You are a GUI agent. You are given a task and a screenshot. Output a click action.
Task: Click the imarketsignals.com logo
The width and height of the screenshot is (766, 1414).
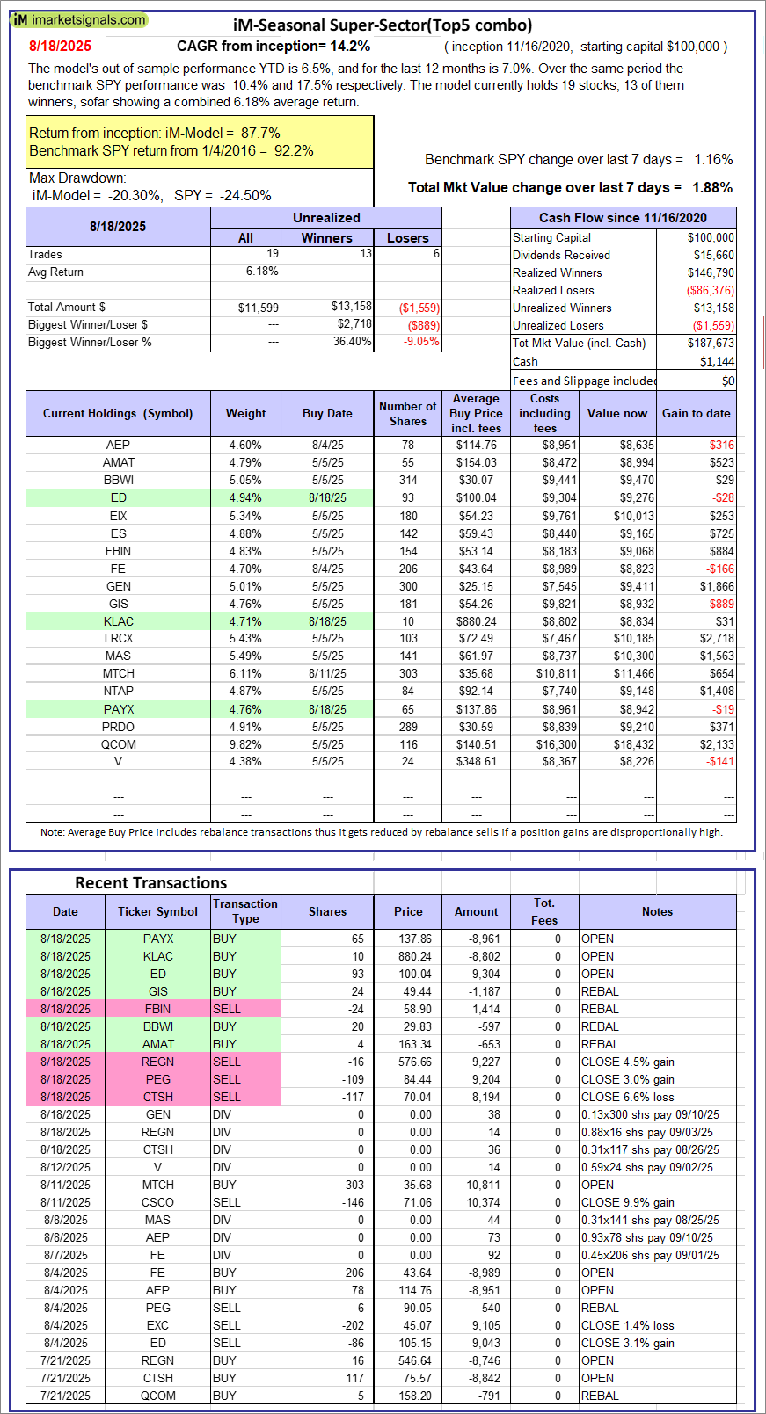coord(79,19)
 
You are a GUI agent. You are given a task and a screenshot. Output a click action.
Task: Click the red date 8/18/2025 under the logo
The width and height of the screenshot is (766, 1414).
coord(60,46)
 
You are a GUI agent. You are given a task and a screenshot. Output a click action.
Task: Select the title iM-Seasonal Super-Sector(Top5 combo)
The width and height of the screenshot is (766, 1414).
coord(383,25)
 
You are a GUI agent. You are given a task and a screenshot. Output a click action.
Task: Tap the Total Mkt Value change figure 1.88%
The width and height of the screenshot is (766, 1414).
coord(712,187)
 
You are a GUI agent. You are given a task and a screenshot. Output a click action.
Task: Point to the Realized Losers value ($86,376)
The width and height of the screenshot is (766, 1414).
coord(710,290)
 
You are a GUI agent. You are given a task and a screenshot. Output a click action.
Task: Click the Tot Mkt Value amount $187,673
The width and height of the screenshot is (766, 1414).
coord(711,343)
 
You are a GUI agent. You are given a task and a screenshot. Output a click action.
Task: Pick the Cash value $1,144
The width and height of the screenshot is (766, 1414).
coord(718,361)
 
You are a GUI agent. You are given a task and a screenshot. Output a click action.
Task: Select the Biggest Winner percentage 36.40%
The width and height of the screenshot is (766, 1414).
coord(352,342)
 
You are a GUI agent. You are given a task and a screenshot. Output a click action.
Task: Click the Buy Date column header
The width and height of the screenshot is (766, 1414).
coord(327,413)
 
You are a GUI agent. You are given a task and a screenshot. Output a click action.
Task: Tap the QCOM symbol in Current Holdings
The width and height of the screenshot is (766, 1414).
coord(118,744)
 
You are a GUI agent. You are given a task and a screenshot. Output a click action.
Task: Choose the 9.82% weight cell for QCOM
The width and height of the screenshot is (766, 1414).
coord(245,744)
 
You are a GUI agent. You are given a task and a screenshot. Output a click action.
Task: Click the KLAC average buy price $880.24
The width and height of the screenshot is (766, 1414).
coord(476,621)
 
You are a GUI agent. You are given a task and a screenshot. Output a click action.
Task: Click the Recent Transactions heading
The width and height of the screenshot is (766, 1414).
coord(150,882)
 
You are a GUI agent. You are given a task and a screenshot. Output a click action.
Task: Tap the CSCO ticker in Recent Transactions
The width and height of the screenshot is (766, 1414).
coord(157,1202)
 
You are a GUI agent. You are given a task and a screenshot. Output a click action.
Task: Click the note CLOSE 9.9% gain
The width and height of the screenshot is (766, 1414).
coord(627,1202)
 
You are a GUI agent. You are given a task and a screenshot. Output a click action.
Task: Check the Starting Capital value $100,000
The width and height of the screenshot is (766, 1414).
coord(711,237)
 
